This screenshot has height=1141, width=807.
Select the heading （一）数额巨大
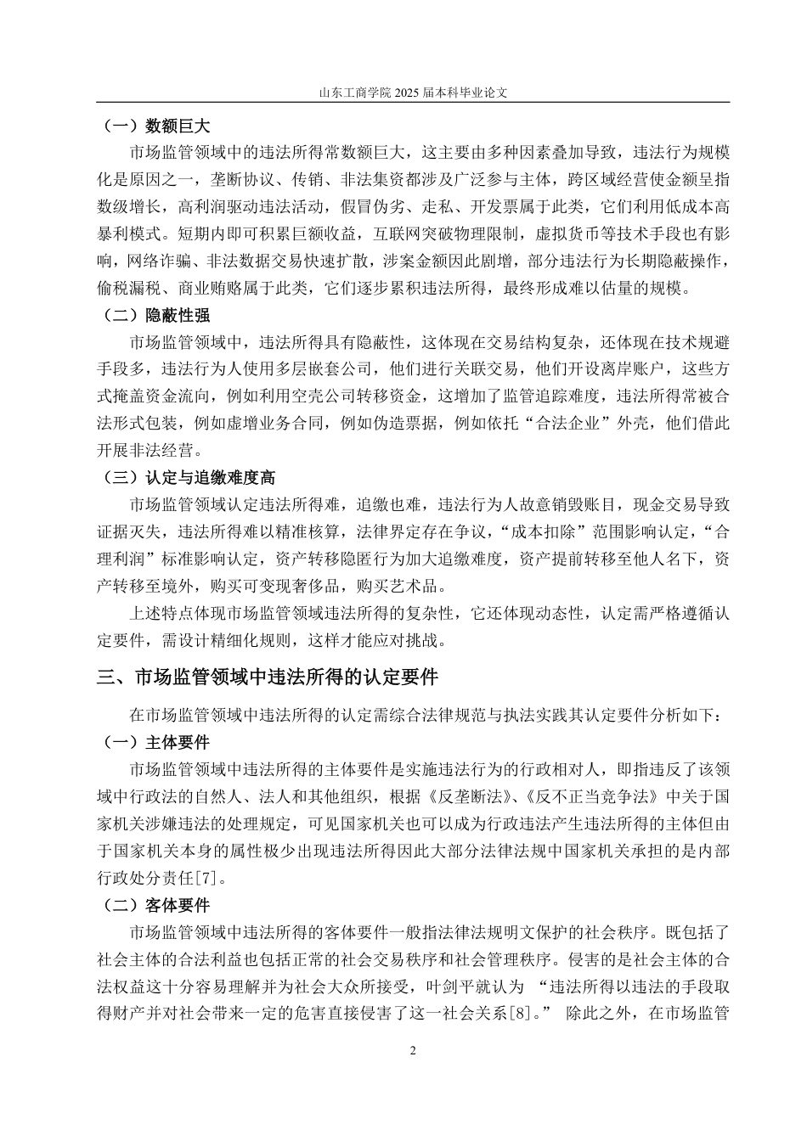155,127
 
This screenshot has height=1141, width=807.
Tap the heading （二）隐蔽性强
155,316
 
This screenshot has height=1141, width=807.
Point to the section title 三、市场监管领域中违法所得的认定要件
268,677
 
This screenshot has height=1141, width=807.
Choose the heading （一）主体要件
155,743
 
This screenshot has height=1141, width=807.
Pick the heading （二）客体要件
155,907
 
